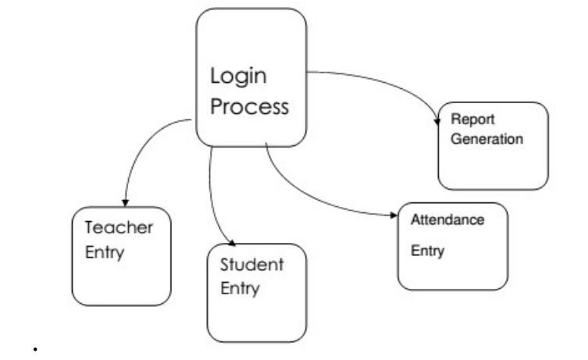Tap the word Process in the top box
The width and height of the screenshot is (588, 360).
point(250,106)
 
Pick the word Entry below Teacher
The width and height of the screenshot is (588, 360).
point(105,254)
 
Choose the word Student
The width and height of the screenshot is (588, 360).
point(251,265)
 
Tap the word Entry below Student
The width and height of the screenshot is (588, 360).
point(240,288)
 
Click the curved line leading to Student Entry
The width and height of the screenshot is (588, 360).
point(212,195)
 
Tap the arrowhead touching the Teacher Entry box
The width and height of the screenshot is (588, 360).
point(125,203)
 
